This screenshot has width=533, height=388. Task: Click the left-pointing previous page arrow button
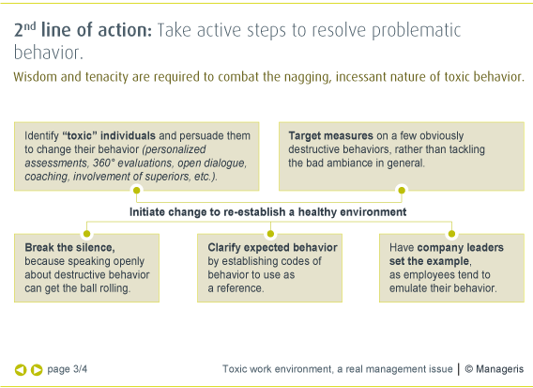point(21,369)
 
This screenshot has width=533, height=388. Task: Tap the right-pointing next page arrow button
point(37,369)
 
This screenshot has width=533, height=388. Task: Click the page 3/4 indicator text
point(68,369)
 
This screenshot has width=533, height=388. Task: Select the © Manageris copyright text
point(495,369)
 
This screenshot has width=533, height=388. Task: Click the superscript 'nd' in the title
point(30,26)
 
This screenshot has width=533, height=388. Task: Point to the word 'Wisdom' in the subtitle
point(35,77)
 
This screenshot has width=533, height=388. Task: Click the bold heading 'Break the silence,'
point(69,247)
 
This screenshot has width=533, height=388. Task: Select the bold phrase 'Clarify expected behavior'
point(273,247)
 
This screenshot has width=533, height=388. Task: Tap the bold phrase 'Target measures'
point(330,136)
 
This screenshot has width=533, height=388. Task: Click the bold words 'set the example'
point(430,261)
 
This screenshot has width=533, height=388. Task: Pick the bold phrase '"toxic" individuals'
point(109,136)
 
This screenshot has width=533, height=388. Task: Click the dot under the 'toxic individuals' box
point(137,191)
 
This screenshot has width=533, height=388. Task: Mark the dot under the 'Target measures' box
point(402,191)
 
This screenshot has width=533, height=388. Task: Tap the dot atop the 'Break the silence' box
point(86,234)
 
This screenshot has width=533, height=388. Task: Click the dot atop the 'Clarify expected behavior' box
point(270,234)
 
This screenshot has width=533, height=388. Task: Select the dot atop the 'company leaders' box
point(451,234)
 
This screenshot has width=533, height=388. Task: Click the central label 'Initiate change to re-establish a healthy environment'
point(267,212)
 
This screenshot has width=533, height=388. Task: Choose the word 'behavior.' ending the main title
point(48,53)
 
